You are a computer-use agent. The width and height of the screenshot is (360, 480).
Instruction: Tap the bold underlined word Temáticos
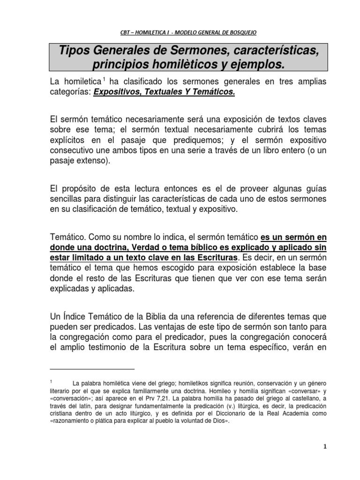(x=214, y=93)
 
